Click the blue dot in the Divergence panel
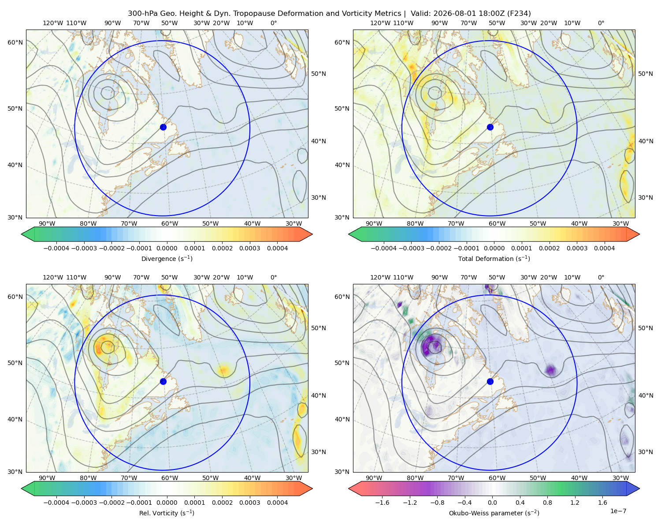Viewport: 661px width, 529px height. pyautogui.click(x=163, y=127)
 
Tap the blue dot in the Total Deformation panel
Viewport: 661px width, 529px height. pyautogui.click(x=490, y=127)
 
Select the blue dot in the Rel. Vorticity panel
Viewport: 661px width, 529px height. pyautogui.click(x=163, y=381)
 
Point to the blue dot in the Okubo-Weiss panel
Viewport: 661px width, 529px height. pyautogui.click(x=490, y=381)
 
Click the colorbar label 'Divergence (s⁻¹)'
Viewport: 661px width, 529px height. pyautogui.click(x=167, y=258)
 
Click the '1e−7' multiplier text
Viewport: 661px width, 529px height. pyautogui.click(x=618, y=511)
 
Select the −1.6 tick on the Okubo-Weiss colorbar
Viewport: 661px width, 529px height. pyautogui.click(x=382, y=502)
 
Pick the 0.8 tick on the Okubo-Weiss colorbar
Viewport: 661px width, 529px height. pyautogui.click(x=547, y=502)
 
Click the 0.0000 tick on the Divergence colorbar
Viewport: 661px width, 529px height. pyautogui.click(x=167, y=248)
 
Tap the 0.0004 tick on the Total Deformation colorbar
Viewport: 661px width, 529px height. pyautogui.click(x=604, y=248)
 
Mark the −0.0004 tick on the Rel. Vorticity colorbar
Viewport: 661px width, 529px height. pyautogui.click(x=56, y=502)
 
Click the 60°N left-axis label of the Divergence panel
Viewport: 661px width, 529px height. pyautogui.click(x=15, y=42)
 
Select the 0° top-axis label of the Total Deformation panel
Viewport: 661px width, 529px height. pyautogui.click(x=601, y=23)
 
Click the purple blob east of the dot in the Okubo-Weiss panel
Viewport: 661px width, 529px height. pyautogui.click(x=551, y=370)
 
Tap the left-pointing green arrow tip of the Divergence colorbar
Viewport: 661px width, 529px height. pyautogui.click(x=22, y=234)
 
